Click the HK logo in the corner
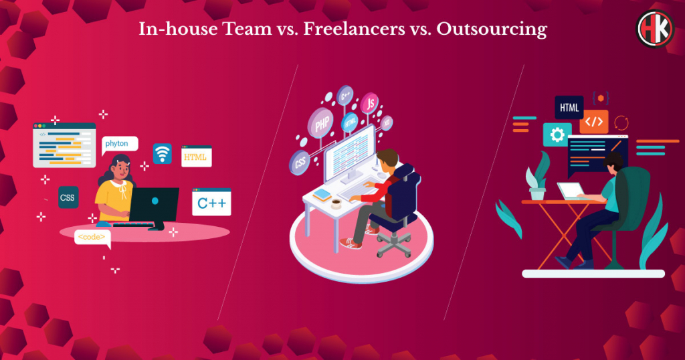[x=655, y=28]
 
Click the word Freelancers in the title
[x=355, y=29]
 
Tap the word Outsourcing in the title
[x=492, y=29]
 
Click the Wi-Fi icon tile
[x=162, y=153]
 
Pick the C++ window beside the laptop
[x=211, y=202]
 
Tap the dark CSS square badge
[x=68, y=197]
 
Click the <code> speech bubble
[x=92, y=238]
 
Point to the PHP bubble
[x=320, y=122]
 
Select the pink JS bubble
[x=369, y=104]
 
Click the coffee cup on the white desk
[x=336, y=203]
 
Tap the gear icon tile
[x=557, y=134]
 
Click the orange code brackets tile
[x=594, y=122]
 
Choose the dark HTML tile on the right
[x=569, y=108]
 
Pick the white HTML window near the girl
[x=197, y=156]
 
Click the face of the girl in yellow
[x=121, y=171]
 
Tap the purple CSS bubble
[x=300, y=163]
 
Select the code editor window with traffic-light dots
[x=64, y=145]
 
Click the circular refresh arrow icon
[x=621, y=122]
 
